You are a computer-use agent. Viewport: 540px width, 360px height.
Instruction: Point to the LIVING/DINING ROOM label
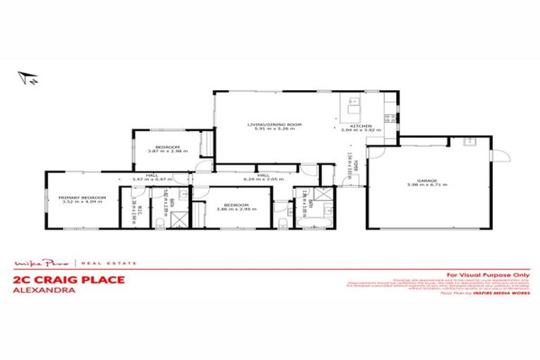274,124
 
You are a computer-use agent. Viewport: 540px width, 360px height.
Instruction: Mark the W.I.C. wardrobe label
141,209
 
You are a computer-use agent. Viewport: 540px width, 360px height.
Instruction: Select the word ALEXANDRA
43,288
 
